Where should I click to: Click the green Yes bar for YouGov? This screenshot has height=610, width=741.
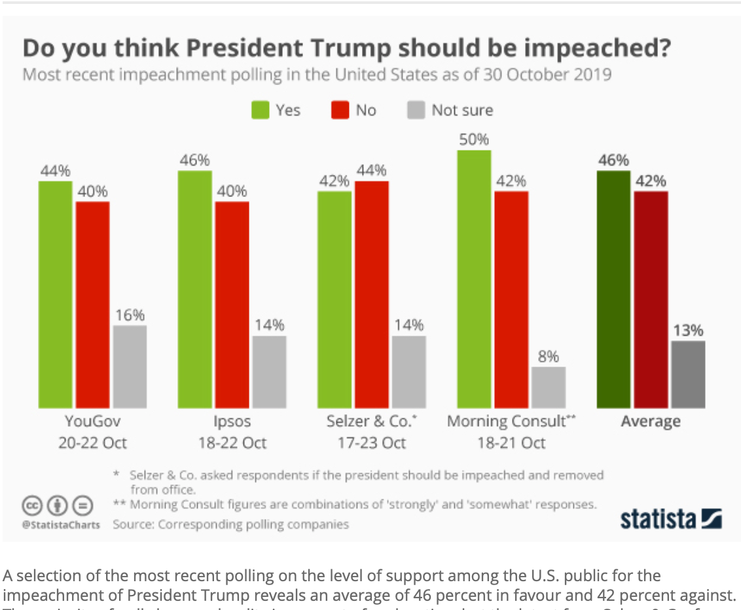(x=55, y=295)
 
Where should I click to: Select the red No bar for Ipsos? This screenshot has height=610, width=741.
(x=232, y=305)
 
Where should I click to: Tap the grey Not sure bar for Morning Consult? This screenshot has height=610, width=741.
(x=549, y=387)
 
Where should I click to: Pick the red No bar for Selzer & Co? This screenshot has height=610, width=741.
(x=372, y=295)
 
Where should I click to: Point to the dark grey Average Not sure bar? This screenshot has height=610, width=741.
(x=688, y=374)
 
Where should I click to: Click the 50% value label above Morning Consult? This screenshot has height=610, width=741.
(x=474, y=139)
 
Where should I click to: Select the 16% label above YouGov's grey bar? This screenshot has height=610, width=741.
(x=130, y=315)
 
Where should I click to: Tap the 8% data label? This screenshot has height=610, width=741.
(x=549, y=357)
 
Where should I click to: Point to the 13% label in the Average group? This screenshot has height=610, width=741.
(x=688, y=331)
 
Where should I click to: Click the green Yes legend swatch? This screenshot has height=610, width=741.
(x=260, y=110)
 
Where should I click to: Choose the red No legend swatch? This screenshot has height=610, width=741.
(x=339, y=110)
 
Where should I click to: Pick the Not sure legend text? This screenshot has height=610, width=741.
(x=461, y=110)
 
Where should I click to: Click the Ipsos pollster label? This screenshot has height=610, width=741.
(x=232, y=421)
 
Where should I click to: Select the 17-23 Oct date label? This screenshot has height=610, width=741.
(x=371, y=443)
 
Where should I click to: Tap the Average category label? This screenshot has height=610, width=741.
(x=650, y=421)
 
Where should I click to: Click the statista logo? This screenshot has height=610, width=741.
(x=670, y=519)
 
